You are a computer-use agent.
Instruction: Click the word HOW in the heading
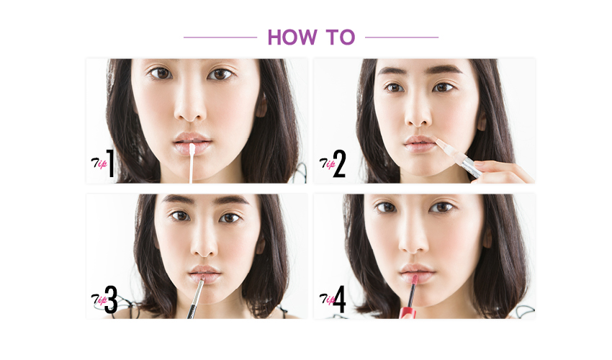point(292,37)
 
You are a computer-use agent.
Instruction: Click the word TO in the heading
point(341,37)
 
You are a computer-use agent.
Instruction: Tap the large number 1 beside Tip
point(111,163)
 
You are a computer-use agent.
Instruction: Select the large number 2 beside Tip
point(339,164)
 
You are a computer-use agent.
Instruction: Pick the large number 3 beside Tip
point(111,300)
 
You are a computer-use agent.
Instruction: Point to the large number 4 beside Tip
point(339,300)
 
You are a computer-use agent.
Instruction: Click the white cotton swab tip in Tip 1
point(192,150)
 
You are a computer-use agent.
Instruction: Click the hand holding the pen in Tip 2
point(502,172)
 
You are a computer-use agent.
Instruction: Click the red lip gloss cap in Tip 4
point(408,312)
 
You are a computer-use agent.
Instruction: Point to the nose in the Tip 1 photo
point(189,107)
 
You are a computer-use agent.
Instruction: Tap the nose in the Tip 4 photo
point(414,242)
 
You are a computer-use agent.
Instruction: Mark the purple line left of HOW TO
point(220,37)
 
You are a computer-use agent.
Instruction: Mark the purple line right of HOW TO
point(402,37)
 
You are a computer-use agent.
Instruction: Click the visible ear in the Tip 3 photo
point(261,246)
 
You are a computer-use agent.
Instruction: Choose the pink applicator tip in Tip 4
point(414,279)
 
